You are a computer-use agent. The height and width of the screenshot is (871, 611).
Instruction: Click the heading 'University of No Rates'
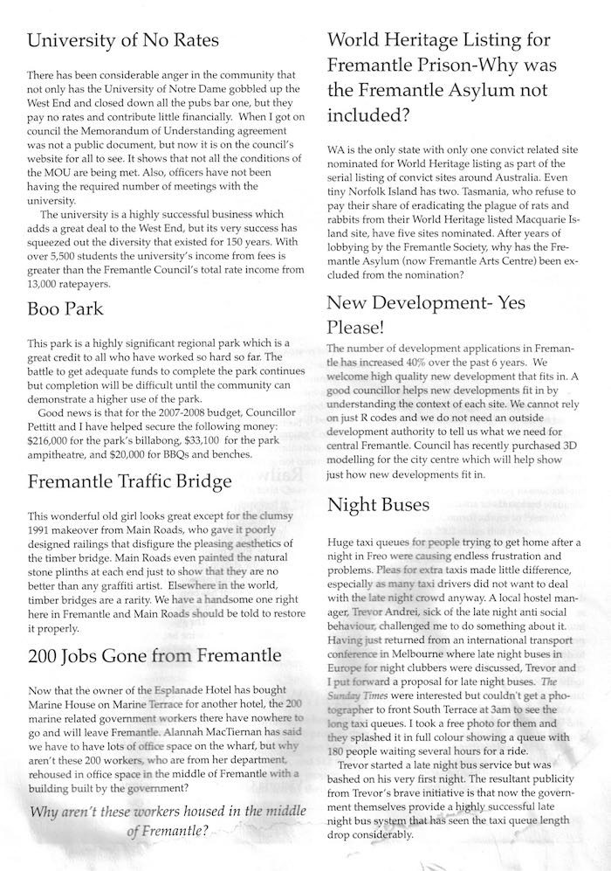(x=122, y=40)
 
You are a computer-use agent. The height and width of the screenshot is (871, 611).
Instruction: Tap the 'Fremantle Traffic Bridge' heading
(x=129, y=481)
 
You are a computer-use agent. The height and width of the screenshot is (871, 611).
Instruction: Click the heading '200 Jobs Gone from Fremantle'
(x=154, y=654)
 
